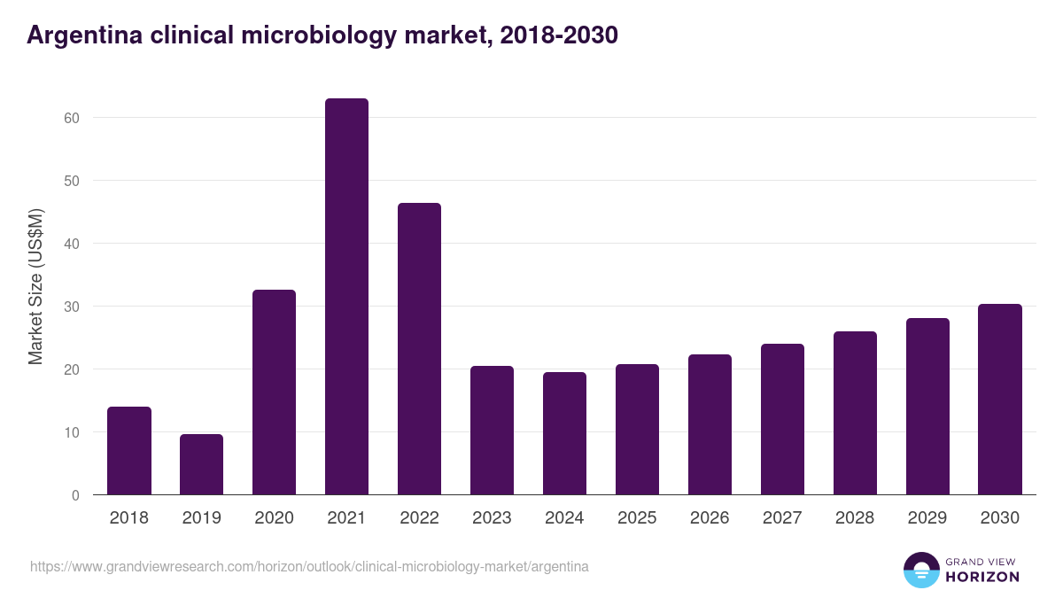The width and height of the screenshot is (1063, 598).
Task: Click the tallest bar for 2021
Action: point(346,297)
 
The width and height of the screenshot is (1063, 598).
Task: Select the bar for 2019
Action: point(201,464)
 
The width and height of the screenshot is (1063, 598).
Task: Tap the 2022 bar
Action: point(419,349)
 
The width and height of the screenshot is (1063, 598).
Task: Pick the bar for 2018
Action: point(129,451)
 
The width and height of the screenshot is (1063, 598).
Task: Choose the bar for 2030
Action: point(1000,400)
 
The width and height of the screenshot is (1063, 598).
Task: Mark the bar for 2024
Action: point(564,433)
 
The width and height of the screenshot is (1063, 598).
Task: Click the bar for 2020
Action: point(274,392)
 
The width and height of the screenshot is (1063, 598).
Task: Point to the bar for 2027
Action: point(782,419)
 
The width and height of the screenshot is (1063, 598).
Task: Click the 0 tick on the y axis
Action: point(76,495)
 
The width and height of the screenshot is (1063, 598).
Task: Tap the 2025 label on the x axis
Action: point(637,518)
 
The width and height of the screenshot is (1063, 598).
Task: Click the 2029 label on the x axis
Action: point(927,518)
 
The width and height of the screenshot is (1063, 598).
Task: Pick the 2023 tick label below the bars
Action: point(492,518)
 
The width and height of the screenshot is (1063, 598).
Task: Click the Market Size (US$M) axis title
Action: point(35,285)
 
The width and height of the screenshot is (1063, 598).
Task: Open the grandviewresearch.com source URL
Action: point(309,566)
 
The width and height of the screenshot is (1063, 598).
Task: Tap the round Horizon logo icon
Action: point(921,570)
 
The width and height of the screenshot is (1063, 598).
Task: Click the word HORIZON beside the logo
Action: point(982,577)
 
